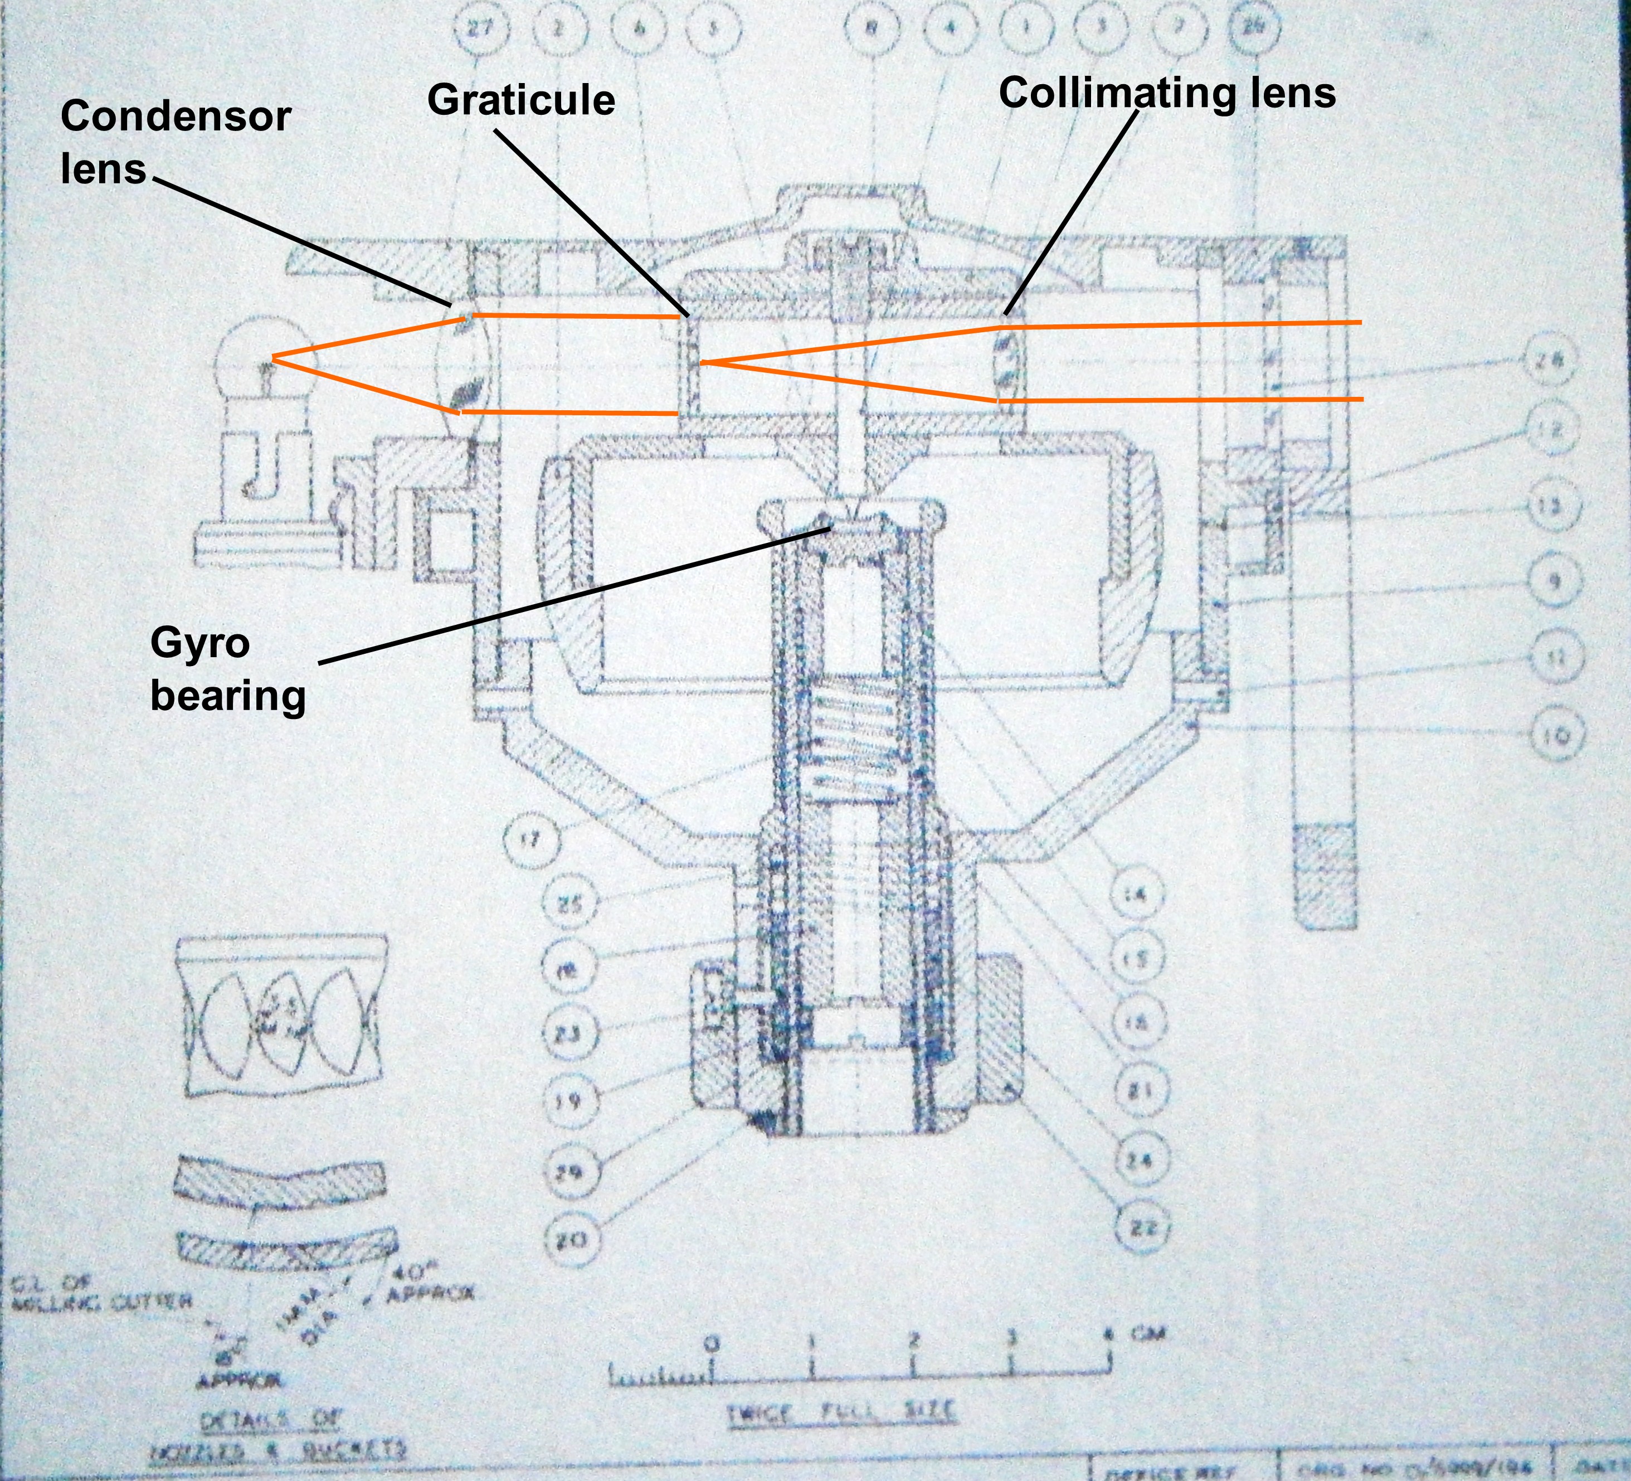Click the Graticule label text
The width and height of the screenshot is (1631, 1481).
coord(521,100)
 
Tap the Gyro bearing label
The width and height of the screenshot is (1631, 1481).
coord(227,669)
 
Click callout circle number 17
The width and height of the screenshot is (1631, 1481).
coord(530,839)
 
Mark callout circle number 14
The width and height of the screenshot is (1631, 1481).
coord(1137,894)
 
